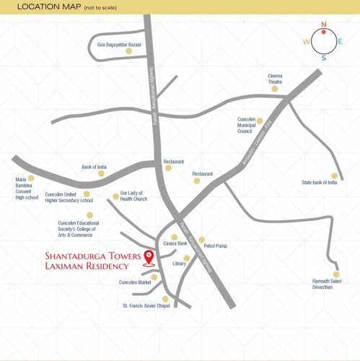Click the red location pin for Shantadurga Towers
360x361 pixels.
click(149, 257)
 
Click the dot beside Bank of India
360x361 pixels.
click(102, 173)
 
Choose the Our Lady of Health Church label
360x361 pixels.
click(133, 196)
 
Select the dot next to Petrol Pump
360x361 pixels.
click(203, 239)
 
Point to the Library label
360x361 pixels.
click(180, 264)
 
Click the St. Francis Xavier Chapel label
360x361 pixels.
click(146, 306)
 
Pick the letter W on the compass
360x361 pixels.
click(306, 42)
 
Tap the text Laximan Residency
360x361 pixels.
click(87, 266)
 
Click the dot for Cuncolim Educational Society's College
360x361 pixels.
click(89, 215)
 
